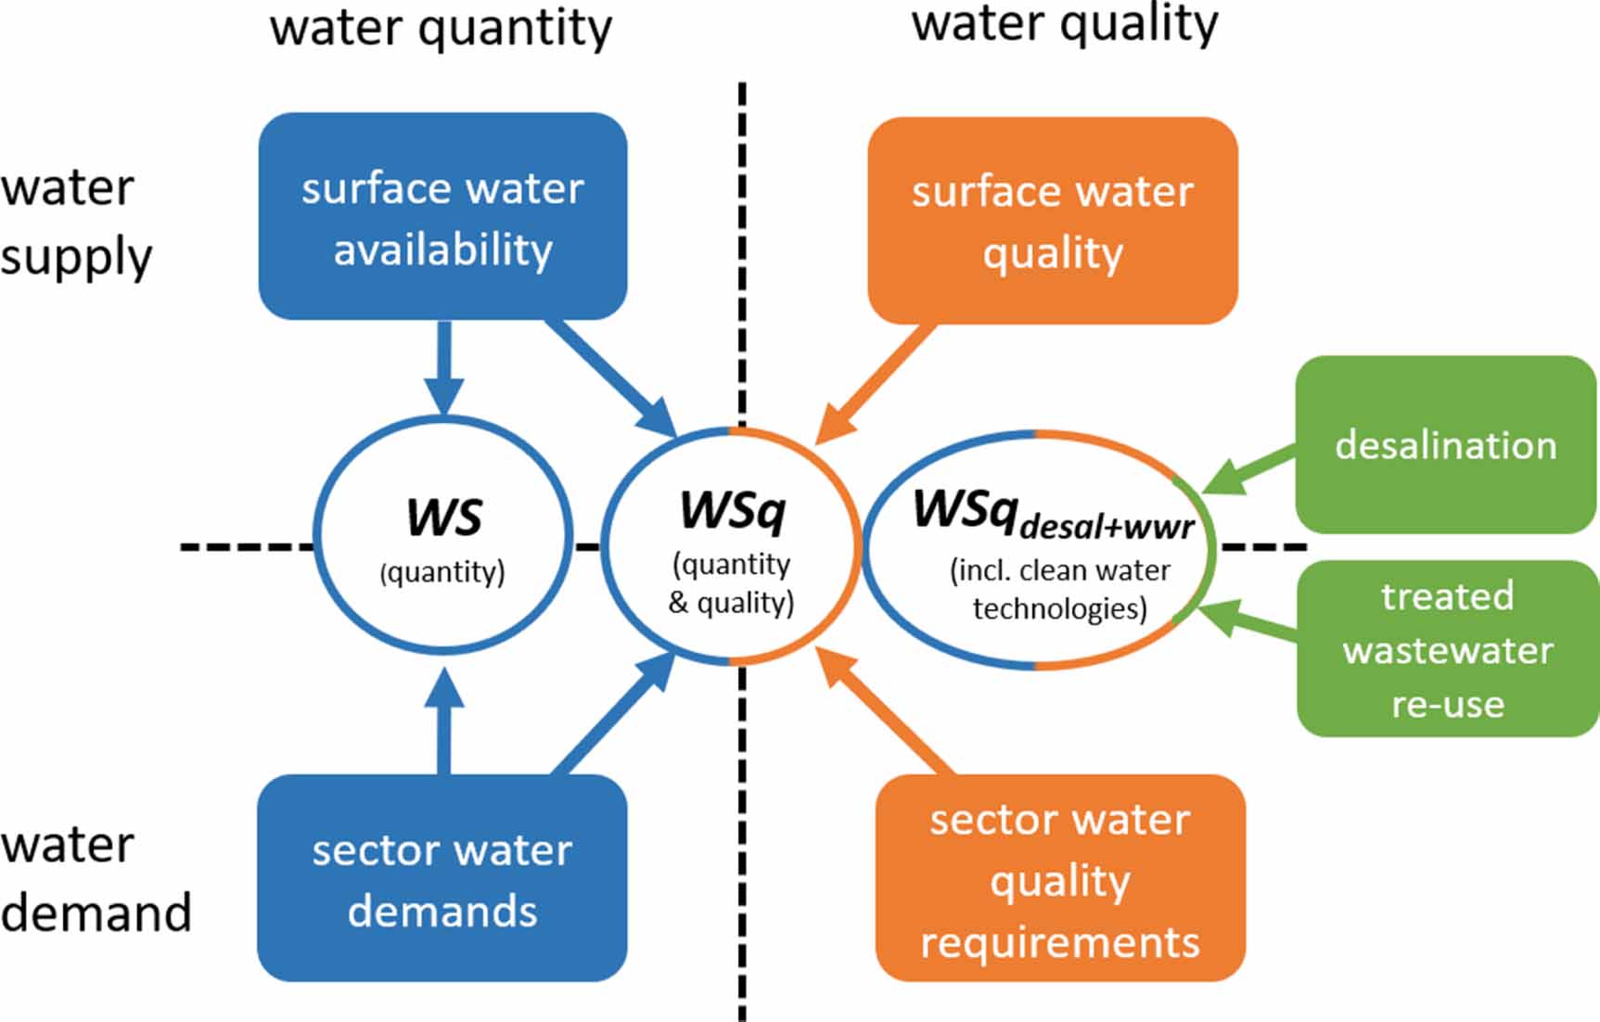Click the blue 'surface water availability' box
pyautogui.click(x=442, y=217)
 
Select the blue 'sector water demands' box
pyautogui.click(x=442, y=878)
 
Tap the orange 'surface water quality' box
pyautogui.click(x=1052, y=221)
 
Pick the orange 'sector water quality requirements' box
pyautogui.click(x=1059, y=878)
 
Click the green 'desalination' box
pyautogui.click(x=1445, y=445)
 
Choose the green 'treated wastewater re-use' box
pyautogui.click(x=1447, y=648)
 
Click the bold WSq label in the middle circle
pyautogui.click(x=732, y=511)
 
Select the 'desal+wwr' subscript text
pyautogui.click(x=1106, y=528)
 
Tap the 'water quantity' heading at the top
pyautogui.click(x=441, y=28)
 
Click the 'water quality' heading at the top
pyautogui.click(x=1064, y=24)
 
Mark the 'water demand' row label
pyautogui.click(x=95, y=878)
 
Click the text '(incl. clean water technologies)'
pyautogui.click(x=1059, y=589)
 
